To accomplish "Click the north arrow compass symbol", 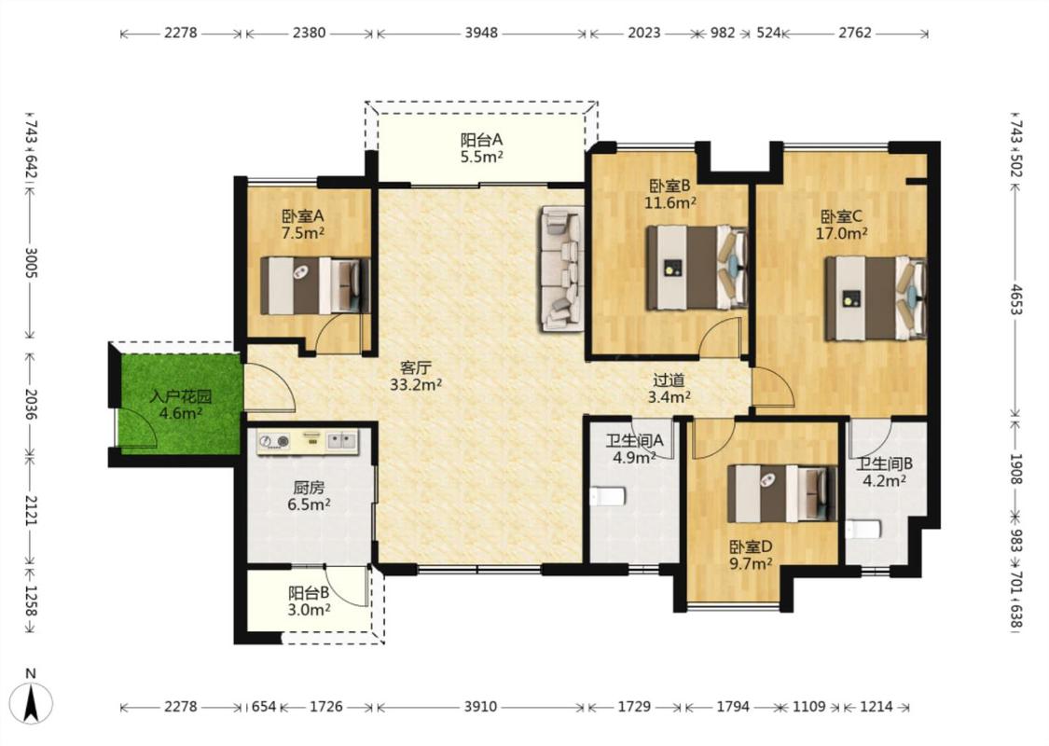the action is tap(31, 703).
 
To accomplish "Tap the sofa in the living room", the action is tap(562, 268).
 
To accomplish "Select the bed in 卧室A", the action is tap(314, 285).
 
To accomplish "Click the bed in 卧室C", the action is tap(876, 298).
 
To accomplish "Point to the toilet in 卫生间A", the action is tap(608, 496).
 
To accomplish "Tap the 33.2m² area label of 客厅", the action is tap(416, 385).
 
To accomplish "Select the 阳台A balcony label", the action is tap(481, 140).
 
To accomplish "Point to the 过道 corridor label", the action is tap(669, 380).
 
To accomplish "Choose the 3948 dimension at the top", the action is tap(482, 33).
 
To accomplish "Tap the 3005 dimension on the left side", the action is tap(31, 262).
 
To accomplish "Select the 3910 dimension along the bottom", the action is tap(480, 707).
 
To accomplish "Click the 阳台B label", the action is tap(309, 593).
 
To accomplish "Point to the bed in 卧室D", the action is tap(782, 494).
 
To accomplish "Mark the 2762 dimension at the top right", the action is tap(855, 33).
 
